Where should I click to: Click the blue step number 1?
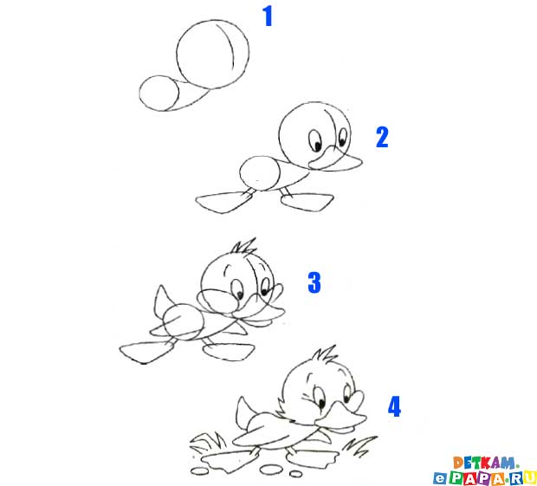click(268, 16)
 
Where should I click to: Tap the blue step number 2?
click(382, 138)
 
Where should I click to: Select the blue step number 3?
click(314, 282)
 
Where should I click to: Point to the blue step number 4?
click(394, 406)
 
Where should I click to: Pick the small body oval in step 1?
click(139, 93)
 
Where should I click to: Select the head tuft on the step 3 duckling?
click(244, 247)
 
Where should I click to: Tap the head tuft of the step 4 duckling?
click(326, 354)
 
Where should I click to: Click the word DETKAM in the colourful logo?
click(484, 463)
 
